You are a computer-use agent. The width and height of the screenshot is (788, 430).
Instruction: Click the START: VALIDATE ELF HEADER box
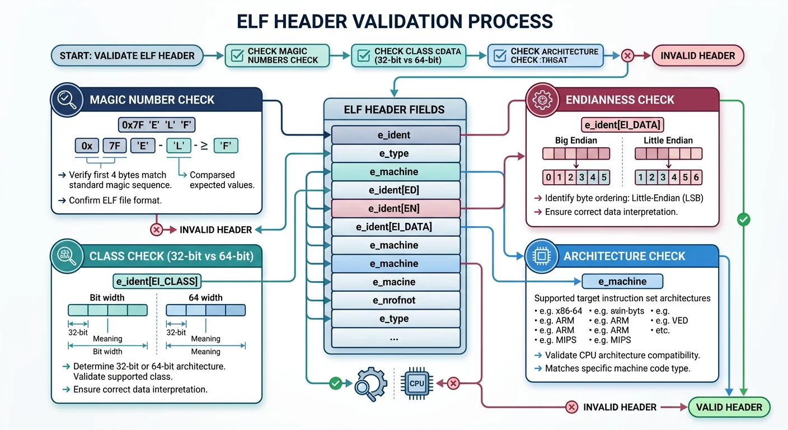(127, 55)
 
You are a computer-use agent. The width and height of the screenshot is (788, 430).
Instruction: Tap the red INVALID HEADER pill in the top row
(697, 55)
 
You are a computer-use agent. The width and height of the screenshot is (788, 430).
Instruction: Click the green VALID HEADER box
(729, 407)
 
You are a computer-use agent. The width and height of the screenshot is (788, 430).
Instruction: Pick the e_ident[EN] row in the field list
(395, 209)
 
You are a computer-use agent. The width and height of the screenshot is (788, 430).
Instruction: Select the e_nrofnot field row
(395, 300)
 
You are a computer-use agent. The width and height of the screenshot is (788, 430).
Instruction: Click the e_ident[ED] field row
(395, 190)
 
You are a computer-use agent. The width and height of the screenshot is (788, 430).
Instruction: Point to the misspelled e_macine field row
(395, 282)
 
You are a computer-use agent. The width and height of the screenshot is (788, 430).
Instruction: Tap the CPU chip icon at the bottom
(416, 384)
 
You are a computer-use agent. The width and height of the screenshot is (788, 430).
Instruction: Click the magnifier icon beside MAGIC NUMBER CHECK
(67, 100)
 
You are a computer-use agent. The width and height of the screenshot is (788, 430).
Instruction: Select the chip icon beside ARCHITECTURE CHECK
(542, 256)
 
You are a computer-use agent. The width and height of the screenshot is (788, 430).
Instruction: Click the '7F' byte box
(114, 146)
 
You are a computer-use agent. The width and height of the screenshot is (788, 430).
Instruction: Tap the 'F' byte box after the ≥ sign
(226, 146)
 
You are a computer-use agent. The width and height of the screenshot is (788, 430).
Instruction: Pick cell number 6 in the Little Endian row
(696, 178)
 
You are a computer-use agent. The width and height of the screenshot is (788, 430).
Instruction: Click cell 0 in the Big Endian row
(549, 178)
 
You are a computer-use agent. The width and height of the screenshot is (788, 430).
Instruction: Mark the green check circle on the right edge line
(744, 220)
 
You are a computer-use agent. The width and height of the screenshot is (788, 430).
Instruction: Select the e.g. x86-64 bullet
(558, 311)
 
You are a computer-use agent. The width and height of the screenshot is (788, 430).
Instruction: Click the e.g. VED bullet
(670, 321)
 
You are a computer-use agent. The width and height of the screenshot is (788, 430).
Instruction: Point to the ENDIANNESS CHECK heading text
(620, 100)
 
